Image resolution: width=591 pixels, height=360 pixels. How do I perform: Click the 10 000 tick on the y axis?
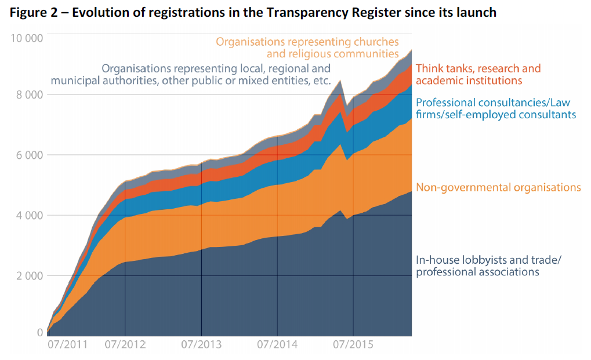coord(27,38)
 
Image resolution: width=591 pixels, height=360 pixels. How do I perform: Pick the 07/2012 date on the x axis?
coord(125,344)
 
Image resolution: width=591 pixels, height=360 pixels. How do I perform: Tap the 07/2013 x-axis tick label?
coord(201,344)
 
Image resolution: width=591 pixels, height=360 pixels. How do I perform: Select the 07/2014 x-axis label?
coord(277,344)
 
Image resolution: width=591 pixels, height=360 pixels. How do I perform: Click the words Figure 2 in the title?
coord(34,12)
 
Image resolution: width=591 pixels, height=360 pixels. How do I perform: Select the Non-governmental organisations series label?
coord(498,187)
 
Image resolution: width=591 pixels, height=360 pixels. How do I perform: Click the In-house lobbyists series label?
coord(477,266)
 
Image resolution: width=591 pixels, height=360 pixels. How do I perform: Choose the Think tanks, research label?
coord(478,74)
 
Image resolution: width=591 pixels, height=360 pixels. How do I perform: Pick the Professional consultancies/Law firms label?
coord(495,108)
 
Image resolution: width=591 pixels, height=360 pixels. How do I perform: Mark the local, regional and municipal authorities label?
coord(191,75)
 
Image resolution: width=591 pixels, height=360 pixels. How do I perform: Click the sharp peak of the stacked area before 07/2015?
coord(340,80)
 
